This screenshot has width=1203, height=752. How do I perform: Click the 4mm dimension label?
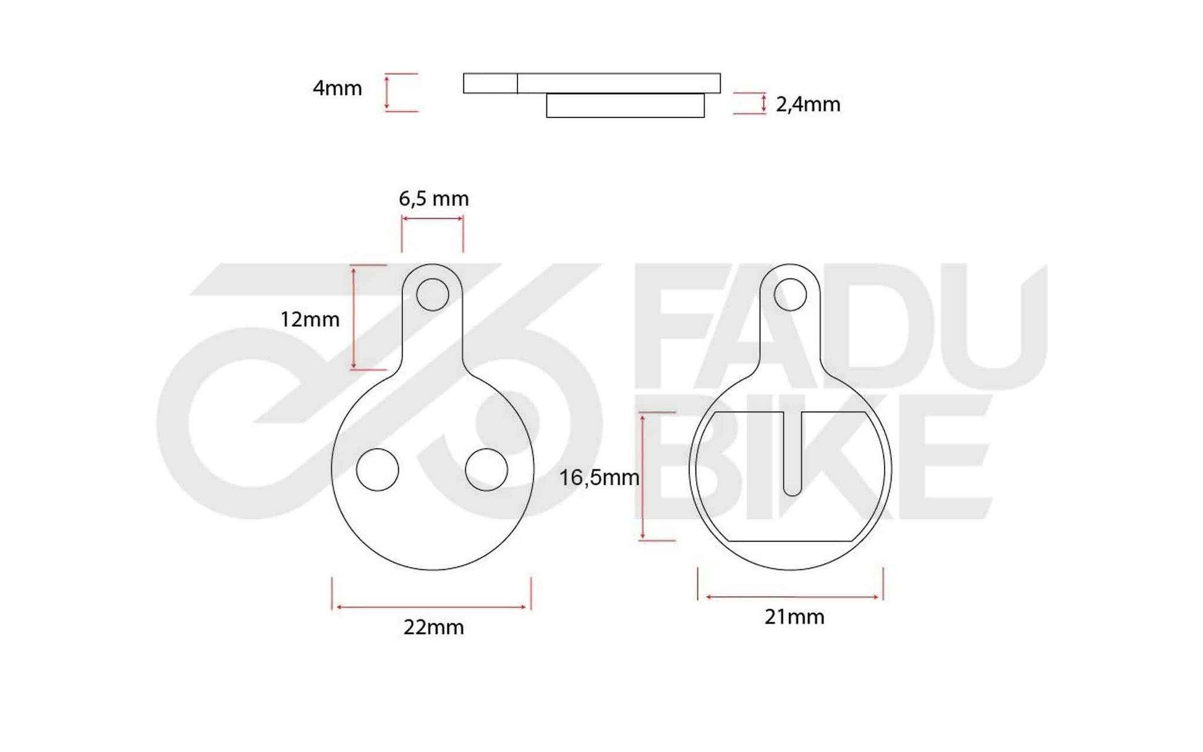[x=337, y=88]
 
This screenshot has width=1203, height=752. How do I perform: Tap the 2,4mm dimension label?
[x=808, y=105]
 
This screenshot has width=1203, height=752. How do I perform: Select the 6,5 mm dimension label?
[x=433, y=199]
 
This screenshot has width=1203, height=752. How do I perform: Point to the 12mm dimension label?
[x=310, y=319]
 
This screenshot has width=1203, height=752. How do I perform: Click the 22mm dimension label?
[x=433, y=627]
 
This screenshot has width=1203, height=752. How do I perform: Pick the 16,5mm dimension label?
[x=599, y=477]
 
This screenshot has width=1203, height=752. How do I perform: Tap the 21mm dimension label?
[x=794, y=617]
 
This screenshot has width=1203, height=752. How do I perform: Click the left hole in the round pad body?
[x=378, y=469]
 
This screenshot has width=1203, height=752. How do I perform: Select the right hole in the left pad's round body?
[x=487, y=469]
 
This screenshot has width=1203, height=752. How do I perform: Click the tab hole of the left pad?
[x=433, y=294]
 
